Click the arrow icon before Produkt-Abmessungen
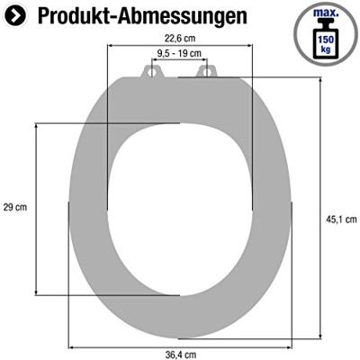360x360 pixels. point(18,16)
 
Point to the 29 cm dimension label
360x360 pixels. point(15,206)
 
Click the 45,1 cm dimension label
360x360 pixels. point(342,217)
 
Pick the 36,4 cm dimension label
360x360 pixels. point(179,353)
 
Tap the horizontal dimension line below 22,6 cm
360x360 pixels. point(179,46)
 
